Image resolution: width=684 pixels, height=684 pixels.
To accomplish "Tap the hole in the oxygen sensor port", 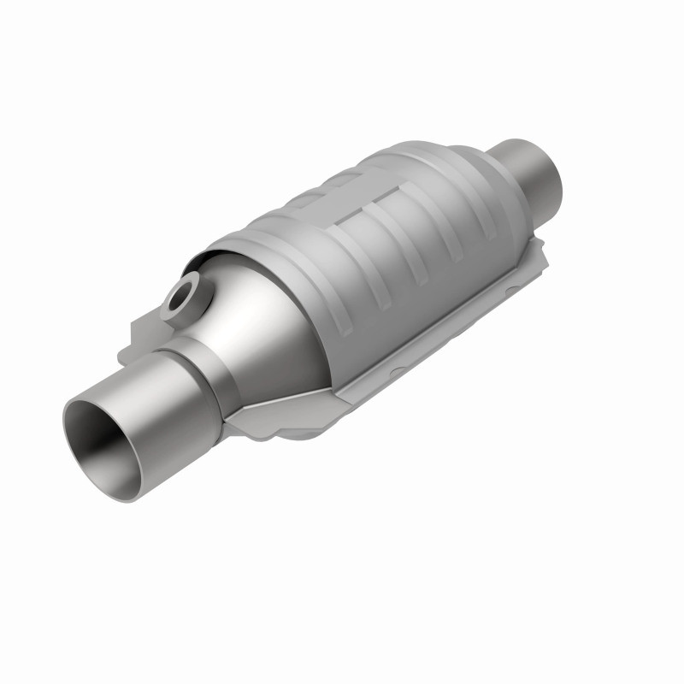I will coord(182,299).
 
